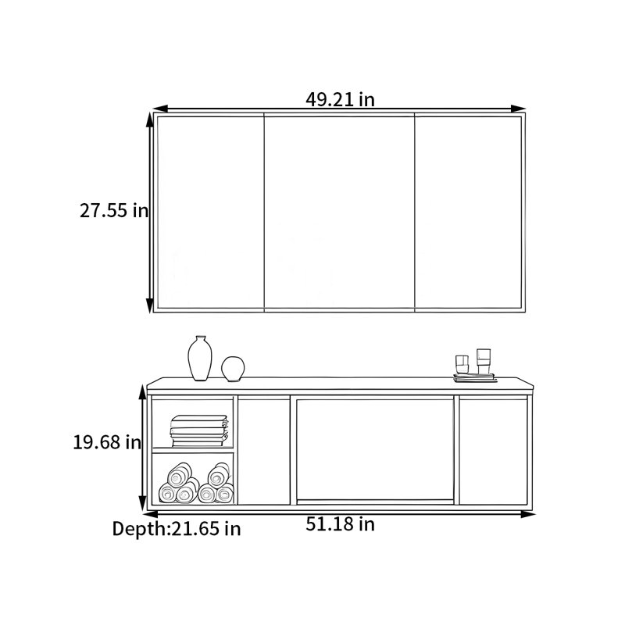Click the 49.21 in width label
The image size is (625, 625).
[340, 99]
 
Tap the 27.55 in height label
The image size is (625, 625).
[114, 210]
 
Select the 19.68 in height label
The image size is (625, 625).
[107, 442]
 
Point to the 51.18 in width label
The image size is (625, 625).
[340, 524]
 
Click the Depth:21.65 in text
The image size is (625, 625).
[177, 529]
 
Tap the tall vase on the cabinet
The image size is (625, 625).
[200, 359]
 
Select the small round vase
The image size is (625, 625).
[233, 369]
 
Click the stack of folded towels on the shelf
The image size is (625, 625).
[199, 431]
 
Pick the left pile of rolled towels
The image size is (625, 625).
[179, 483]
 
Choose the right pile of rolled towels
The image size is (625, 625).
[216, 483]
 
